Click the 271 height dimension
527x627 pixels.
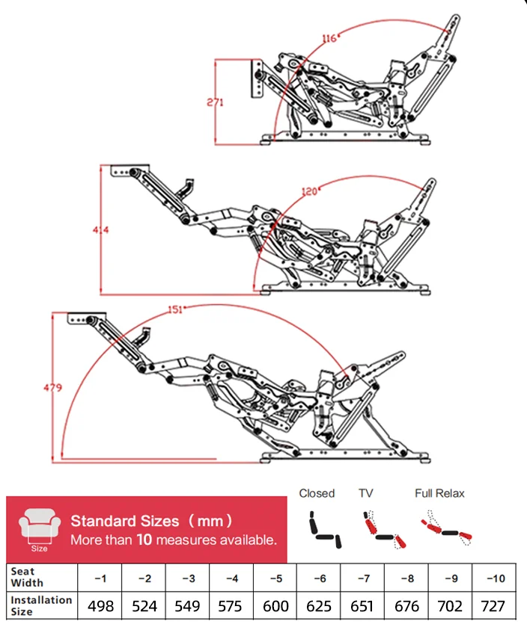click(x=216, y=103)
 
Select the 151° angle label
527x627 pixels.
click(x=174, y=309)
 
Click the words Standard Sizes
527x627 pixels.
click(x=125, y=521)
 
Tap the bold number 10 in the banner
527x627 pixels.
click(x=145, y=539)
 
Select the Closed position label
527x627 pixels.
click(x=317, y=493)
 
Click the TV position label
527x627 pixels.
click(x=365, y=493)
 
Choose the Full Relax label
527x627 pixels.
click(x=439, y=493)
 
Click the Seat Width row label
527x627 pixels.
click(x=27, y=577)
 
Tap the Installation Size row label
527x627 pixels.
click(x=41, y=605)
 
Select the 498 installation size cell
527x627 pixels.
click(x=100, y=605)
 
